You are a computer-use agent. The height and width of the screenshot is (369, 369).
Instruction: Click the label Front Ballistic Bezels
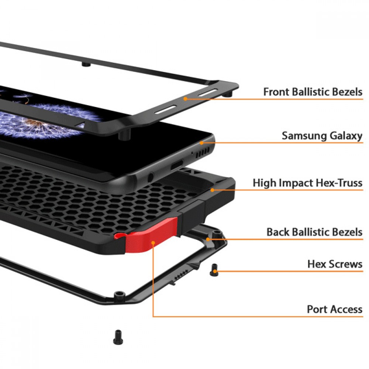[x=313, y=92]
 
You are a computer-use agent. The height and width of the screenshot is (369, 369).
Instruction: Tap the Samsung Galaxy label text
[x=322, y=135]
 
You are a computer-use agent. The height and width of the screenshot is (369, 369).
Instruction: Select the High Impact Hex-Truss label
[x=307, y=183]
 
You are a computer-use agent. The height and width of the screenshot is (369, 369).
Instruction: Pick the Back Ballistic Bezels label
[x=314, y=232]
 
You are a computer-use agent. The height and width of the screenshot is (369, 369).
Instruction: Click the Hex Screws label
[x=335, y=264]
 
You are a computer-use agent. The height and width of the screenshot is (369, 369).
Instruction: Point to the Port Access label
[x=335, y=309]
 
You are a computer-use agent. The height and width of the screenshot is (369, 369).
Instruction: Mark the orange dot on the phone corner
[x=201, y=142]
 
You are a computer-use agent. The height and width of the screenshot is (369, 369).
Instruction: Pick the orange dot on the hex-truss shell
[x=213, y=190]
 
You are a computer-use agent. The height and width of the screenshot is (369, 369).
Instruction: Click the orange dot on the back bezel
[x=208, y=239]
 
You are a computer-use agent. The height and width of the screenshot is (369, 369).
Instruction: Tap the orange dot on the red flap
[x=153, y=244]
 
